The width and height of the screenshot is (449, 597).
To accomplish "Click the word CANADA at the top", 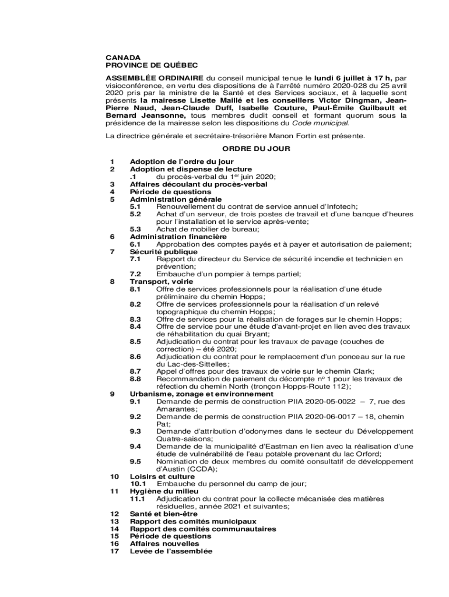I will [x=122, y=58].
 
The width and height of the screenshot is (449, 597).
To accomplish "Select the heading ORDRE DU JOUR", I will [x=256, y=149].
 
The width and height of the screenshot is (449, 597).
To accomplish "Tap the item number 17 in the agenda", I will [x=114, y=551].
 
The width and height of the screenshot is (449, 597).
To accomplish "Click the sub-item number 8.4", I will [x=135, y=326].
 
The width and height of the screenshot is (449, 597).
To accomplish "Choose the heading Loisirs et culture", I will [x=162, y=476].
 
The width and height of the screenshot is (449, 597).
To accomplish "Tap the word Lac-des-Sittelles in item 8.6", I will [x=185, y=364].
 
